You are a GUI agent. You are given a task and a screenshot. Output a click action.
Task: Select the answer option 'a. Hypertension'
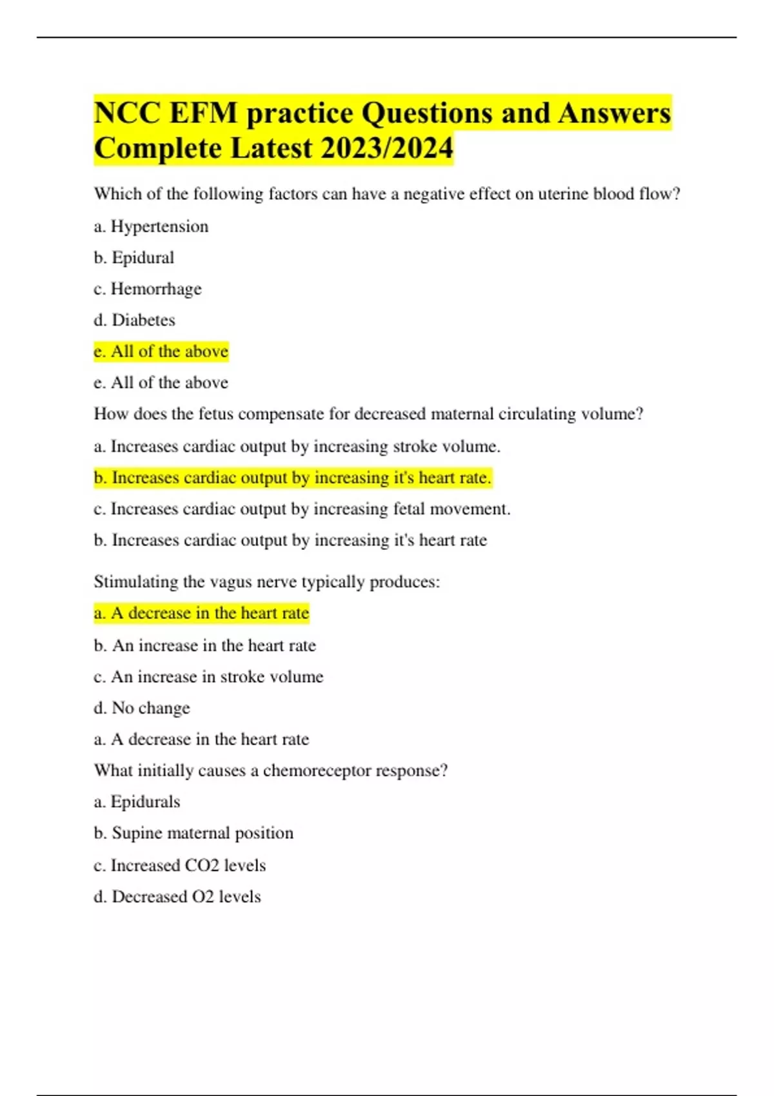point(151,226)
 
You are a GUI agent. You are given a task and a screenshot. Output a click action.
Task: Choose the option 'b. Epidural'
point(134,257)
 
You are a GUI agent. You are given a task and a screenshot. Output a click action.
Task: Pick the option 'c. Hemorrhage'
point(147,289)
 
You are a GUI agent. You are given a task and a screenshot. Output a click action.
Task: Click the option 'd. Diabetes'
point(134,320)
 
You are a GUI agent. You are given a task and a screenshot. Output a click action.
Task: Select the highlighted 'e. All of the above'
point(161,351)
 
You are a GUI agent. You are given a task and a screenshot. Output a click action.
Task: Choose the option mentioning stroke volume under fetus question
point(297,446)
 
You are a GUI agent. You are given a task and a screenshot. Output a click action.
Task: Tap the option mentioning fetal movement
point(302,509)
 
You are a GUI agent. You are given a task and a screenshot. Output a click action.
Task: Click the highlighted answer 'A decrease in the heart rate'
point(201,612)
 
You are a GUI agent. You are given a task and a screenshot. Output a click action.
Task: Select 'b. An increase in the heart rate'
point(204,645)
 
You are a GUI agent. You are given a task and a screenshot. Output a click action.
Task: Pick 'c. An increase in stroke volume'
point(208,676)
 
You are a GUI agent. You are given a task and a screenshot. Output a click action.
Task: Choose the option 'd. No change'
point(142,708)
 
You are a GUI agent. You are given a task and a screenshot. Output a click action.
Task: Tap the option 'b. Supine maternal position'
point(193,833)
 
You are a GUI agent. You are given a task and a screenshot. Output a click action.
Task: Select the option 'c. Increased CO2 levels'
point(179,865)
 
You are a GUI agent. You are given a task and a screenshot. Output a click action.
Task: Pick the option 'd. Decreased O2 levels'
point(177,896)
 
